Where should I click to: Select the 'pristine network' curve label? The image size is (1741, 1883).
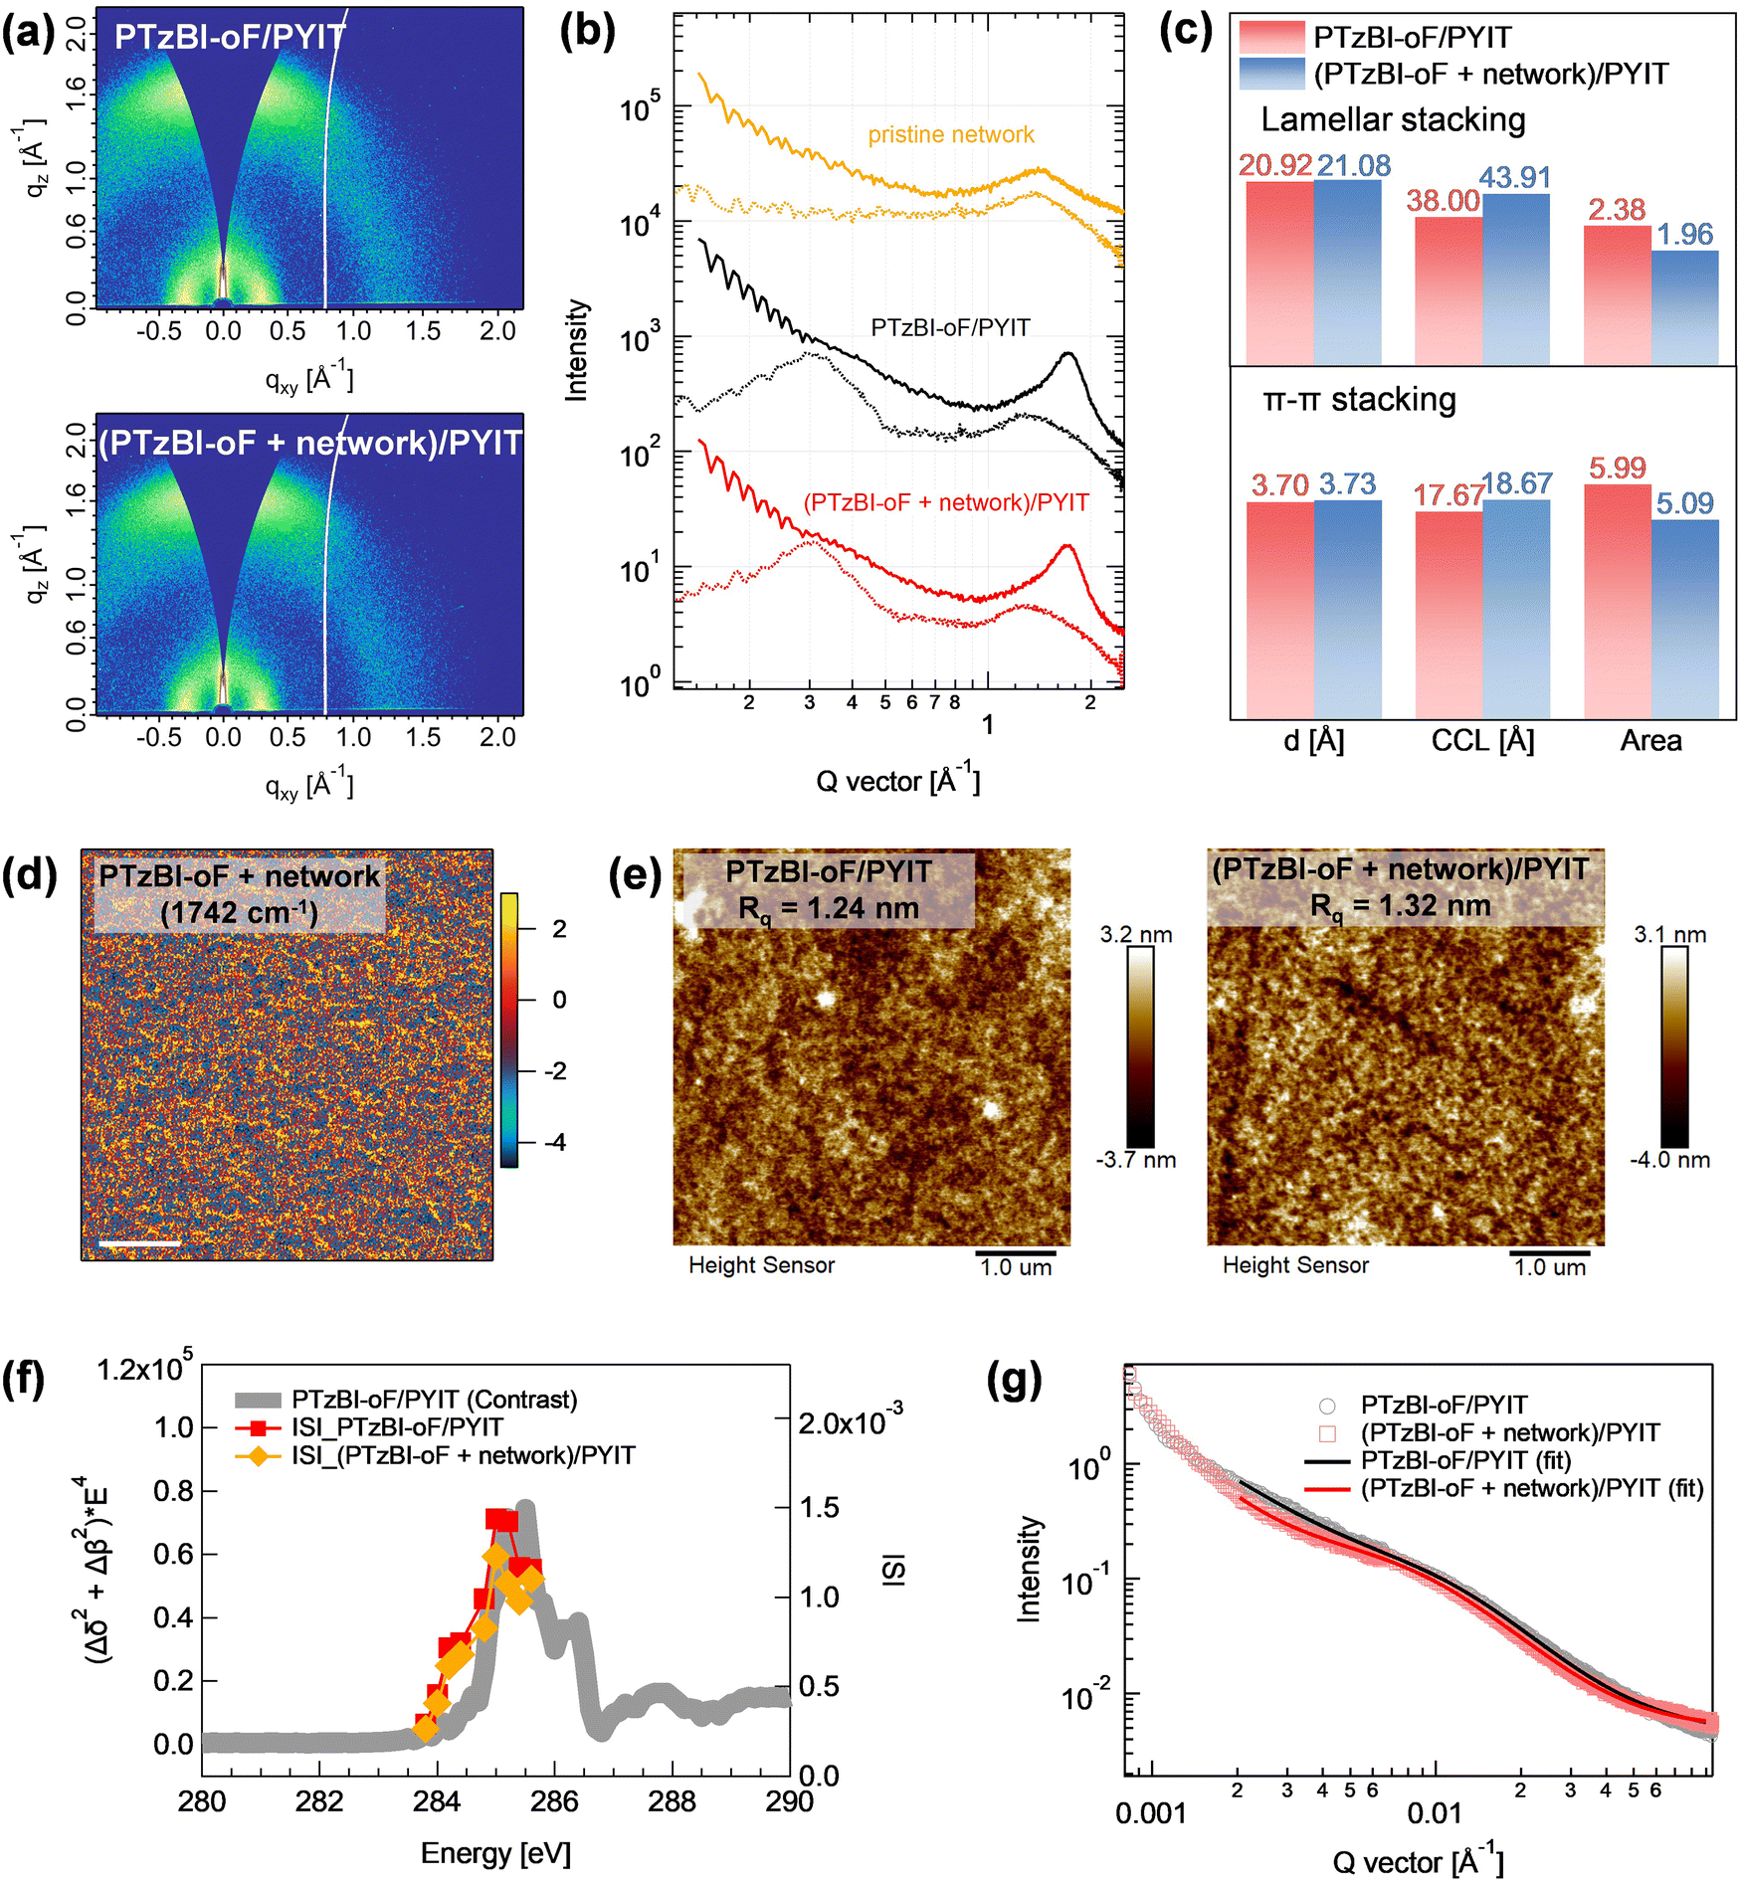951,134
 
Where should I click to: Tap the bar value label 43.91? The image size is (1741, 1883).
1514,177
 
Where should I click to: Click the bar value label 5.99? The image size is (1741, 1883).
1617,468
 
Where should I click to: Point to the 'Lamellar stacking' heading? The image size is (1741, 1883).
1393,119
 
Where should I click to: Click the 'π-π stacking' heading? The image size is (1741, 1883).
1359,399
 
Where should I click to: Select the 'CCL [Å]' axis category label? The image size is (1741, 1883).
1482,740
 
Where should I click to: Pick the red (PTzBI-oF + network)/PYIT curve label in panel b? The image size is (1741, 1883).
946,502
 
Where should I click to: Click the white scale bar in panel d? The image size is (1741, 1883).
139,1242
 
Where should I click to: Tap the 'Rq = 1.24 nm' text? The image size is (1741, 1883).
829,908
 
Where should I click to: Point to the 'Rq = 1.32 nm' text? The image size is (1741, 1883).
1400,906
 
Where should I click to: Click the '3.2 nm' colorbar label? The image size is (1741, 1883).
1136,934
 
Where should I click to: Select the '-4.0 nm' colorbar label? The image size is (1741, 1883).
1669,1160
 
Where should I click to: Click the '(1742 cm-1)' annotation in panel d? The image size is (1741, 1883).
239,911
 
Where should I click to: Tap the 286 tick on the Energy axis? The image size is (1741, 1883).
554,1800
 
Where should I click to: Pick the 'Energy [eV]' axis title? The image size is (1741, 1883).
495,1852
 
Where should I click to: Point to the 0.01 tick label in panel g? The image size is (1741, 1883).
1434,1812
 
